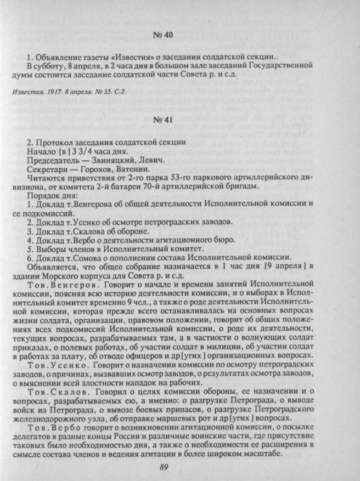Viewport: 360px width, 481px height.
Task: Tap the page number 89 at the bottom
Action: tap(163, 467)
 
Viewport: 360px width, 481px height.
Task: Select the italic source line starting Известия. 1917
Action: tap(68, 92)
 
